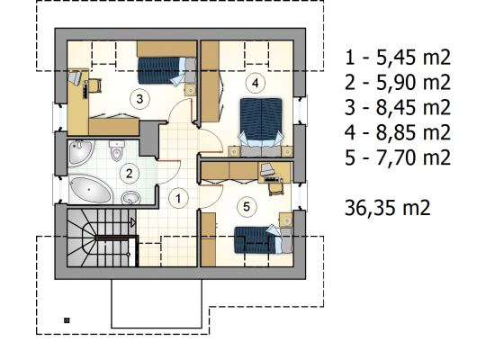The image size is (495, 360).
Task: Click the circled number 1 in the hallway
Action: point(178,199)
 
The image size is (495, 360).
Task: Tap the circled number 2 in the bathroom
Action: point(129,174)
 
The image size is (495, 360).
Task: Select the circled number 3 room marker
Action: point(139,99)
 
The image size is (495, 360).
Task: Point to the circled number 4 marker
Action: point(255,83)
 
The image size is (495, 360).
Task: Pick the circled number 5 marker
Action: point(247,207)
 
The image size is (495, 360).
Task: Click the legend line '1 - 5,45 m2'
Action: point(398,58)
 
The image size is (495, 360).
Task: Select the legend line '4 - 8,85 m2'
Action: point(398,132)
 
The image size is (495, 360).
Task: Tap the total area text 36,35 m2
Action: point(387,208)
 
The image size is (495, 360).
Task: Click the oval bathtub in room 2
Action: point(90,190)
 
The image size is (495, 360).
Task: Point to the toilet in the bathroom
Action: point(116,150)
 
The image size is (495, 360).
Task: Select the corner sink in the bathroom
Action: point(81,153)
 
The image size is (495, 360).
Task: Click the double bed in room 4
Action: point(261,127)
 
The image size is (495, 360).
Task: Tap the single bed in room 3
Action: point(166,71)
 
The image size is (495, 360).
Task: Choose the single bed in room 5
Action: point(264,239)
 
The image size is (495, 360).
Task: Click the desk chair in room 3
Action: point(95,85)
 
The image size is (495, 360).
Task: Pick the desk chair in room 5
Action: point(275,188)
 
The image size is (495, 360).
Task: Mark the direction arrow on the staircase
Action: point(133,223)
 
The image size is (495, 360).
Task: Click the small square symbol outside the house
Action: point(67,320)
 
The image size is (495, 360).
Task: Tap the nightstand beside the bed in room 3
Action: point(191,91)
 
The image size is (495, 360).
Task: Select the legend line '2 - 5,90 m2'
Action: point(398,83)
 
